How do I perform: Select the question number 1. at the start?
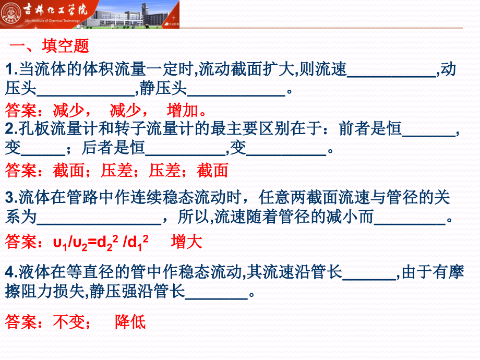[11, 69]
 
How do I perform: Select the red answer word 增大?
[186, 242]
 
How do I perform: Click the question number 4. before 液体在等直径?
[11, 271]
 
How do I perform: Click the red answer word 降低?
[130, 322]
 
